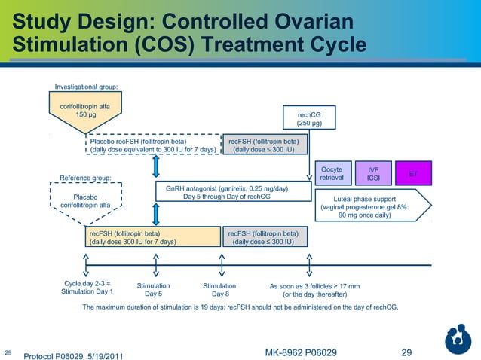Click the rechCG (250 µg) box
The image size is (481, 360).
pyautogui.click(x=309, y=118)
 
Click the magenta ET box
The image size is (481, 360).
pyautogui.click(x=412, y=174)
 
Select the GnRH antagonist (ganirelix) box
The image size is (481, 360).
pyautogui.click(x=233, y=192)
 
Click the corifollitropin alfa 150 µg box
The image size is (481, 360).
pyautogui.click(x=85, y=111)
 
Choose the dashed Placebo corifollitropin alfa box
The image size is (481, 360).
pyautogui.click(x=84, y=200)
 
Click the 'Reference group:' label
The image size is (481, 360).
pyautogui.click(x=85, y=178)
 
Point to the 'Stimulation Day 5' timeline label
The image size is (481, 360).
pyautogui.click(x=153, y=291)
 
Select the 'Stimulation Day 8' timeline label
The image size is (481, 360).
pyautogui.click(x=219, y=291)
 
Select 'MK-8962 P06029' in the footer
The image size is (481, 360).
pyautogui.click(x=302, y=352)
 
